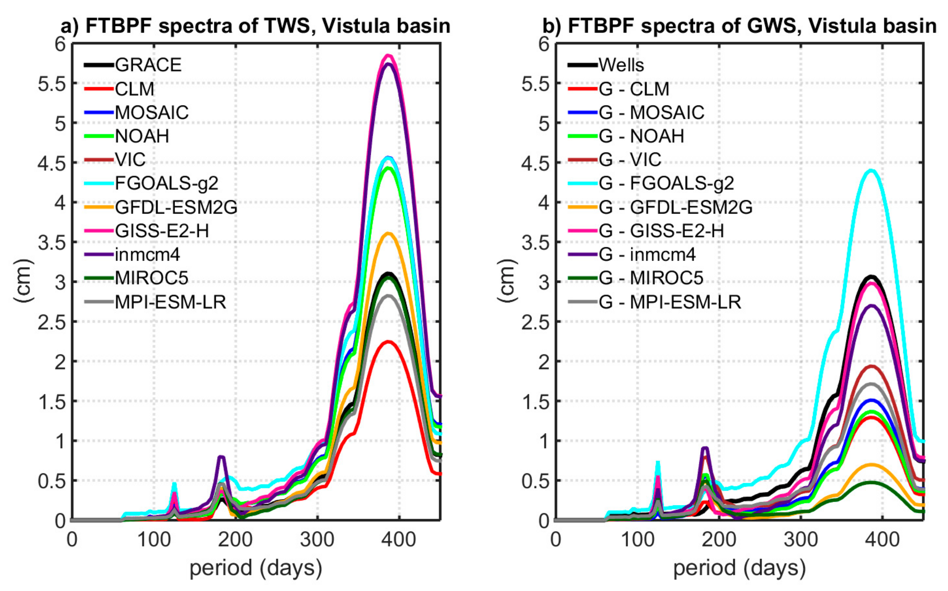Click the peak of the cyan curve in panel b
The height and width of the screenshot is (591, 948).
pos(871,171)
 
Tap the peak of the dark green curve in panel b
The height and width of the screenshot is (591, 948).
pos(871,482)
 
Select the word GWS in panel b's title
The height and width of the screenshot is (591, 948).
pos(771,26)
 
